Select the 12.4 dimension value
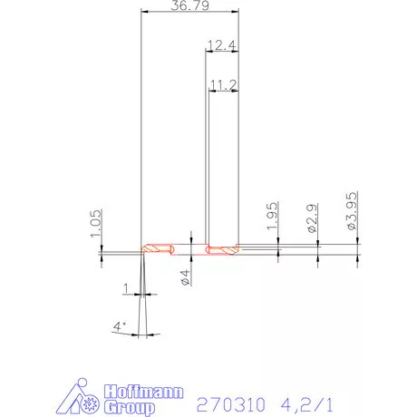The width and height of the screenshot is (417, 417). click(x=222, y=44)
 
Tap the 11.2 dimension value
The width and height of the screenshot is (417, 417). click(x=222, y=83)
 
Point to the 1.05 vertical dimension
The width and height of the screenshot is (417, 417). click(x=96, y=224)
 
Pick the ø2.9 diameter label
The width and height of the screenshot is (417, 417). click(x=314, y=221)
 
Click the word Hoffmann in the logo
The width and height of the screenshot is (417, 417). click(x=146, y=393)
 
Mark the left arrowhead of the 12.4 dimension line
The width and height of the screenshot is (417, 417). click(x=208, y=52)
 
